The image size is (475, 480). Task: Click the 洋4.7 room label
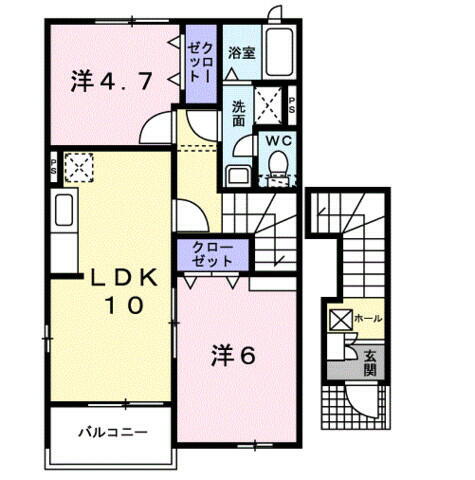click(x=111, y=81)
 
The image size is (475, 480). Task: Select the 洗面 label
click(x=241, y=113)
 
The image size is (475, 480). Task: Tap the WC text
click(x=276, y=141)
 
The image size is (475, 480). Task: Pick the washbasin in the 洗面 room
click(x=239, y=176)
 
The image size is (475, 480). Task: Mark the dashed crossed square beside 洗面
click(x=269, y=103)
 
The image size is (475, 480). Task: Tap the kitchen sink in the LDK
click(x=62, y=212)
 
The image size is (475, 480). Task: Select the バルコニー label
click(x=113, y=433)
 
